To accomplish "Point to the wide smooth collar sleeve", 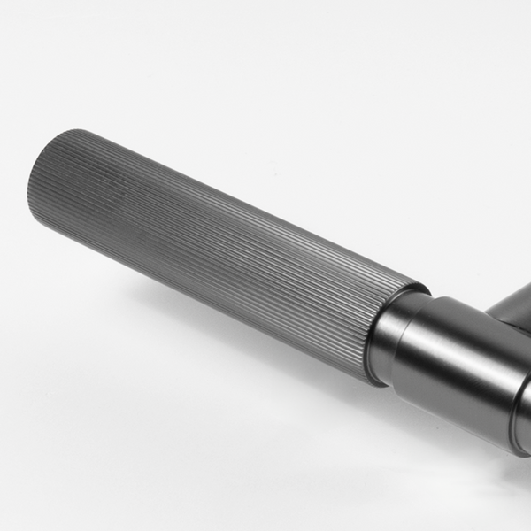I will (460, 363).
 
